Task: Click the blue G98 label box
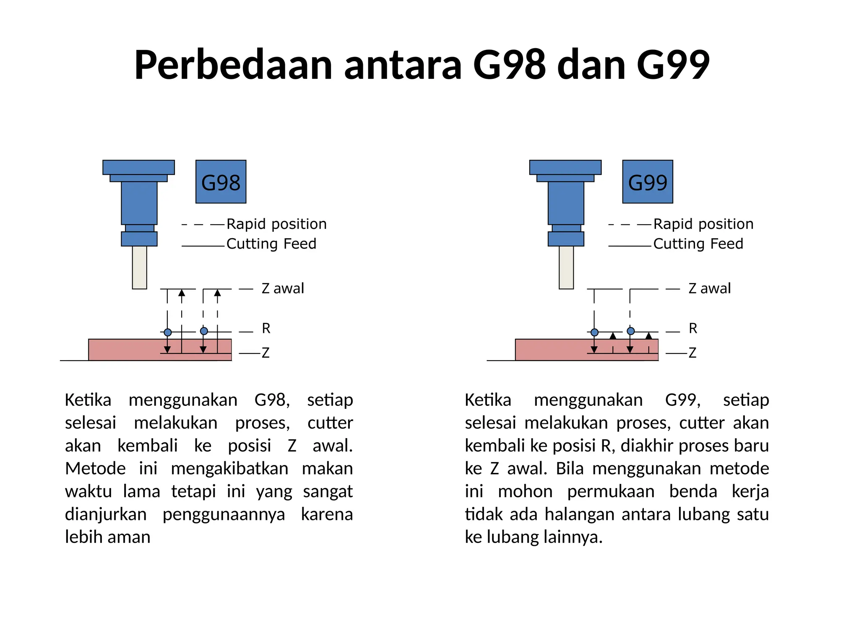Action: pos(221,182)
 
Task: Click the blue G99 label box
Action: pos(647,182)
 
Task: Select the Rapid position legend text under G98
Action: pos(276,224)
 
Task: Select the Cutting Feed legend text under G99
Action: pos(698,244)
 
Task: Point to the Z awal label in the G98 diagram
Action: pos(283,288)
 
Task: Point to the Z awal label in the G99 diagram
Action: pos(709,288)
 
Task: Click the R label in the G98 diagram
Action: pos(266,328)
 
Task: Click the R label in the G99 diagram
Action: pos(692,328)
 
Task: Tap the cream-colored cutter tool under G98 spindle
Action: pos(139,267)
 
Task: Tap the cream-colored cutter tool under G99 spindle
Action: pos(566,267)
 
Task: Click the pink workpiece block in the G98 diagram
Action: pos(126,350)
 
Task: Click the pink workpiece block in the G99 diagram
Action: pos(549,350)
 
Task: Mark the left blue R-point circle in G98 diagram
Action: pos(168,332)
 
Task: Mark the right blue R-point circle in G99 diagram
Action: pos(630,331)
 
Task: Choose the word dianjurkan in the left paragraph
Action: pos(106,514)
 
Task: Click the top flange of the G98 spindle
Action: pos(138,167)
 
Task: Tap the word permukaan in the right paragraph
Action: pos(611,491)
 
